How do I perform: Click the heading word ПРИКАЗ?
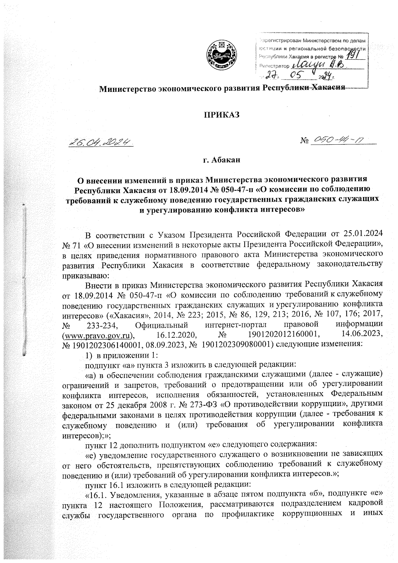coord(221,115)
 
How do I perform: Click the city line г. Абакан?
coord(221,161)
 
